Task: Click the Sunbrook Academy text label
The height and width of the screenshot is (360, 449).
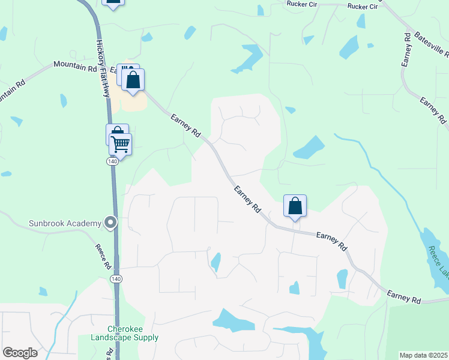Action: pos(65,224)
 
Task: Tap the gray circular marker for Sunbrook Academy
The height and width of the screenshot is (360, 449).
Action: pos(110,223)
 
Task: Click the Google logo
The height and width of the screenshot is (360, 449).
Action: pos(20,353)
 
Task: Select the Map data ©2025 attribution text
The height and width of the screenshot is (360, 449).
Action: pos(423,355)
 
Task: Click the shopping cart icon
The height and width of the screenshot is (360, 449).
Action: pos(121,144)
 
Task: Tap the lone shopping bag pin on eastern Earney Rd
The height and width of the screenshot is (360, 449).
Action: pos(295,206)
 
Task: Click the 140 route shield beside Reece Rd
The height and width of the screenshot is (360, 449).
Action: pos(116,280)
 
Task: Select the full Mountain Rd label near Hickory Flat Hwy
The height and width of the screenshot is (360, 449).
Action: pos(75,66)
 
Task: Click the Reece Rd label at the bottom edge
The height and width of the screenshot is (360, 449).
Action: pos(110,354)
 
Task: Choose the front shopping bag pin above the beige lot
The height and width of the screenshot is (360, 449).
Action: pos(133,80)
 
